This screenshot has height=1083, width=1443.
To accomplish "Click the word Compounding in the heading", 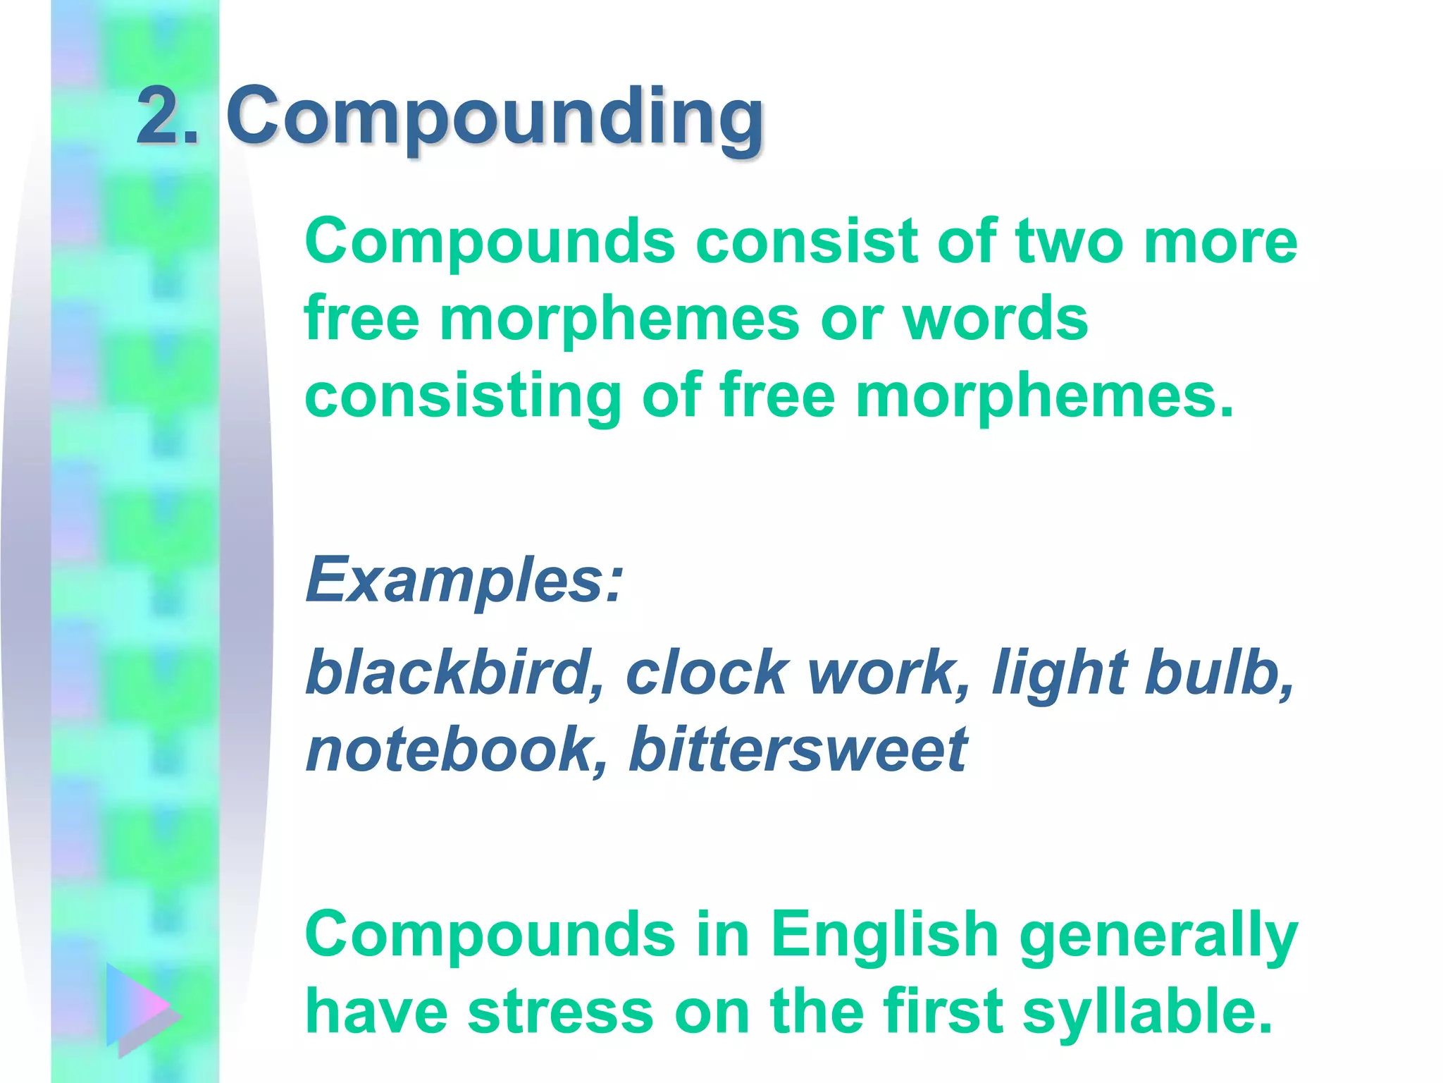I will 495,116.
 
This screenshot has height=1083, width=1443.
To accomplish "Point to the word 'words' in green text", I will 995,319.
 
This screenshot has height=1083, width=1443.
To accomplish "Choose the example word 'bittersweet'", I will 798,749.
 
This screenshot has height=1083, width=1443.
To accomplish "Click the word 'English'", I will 884,934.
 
